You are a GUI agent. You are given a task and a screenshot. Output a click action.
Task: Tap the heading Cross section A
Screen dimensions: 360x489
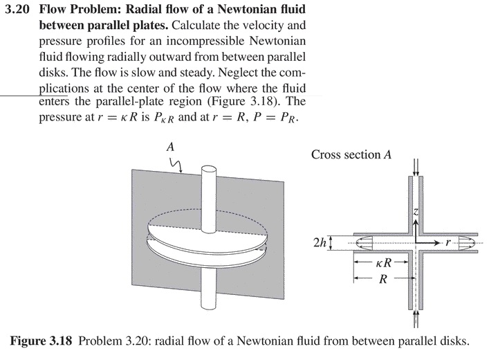pyautogui.click(x=351, y=155)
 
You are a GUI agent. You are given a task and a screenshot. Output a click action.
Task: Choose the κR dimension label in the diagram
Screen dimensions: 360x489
pyautogui.click(x=385, y=264)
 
